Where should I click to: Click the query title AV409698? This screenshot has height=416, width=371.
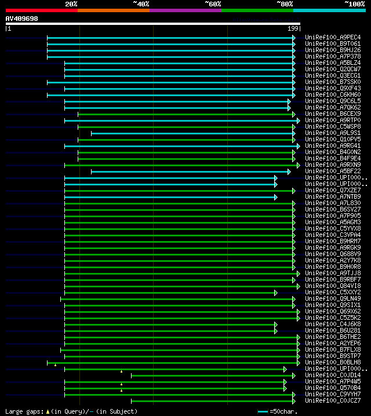point(22,19)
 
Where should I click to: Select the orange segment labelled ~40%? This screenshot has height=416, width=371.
point(113,10)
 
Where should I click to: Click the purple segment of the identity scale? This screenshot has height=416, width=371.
point(185,10)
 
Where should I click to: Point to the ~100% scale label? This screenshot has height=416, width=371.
point(354,3)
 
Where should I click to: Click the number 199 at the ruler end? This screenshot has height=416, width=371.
point(293,28)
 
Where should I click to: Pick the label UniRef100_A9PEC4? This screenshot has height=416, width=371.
point(333,38)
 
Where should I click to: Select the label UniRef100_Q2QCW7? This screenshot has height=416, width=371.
point(333,70)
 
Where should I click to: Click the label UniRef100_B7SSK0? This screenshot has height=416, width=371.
point(333,82)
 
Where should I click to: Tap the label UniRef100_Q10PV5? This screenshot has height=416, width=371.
point(333,140)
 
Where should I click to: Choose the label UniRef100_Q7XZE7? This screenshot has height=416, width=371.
point(333,191)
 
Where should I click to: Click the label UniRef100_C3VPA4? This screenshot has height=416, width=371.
point(333,235)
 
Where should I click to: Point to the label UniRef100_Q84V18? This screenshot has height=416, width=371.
point(333,286)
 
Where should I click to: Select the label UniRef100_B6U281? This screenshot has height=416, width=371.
point(333,331)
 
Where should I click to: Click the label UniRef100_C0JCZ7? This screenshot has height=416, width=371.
point(333,401)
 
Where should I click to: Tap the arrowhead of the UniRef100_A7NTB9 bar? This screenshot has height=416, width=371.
point(276,197)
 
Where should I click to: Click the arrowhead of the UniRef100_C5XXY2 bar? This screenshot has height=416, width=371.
point(276,293)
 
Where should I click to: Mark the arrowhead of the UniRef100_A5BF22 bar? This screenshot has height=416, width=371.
point(289,171)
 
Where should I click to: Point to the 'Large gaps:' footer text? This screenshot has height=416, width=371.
point(23,411)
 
